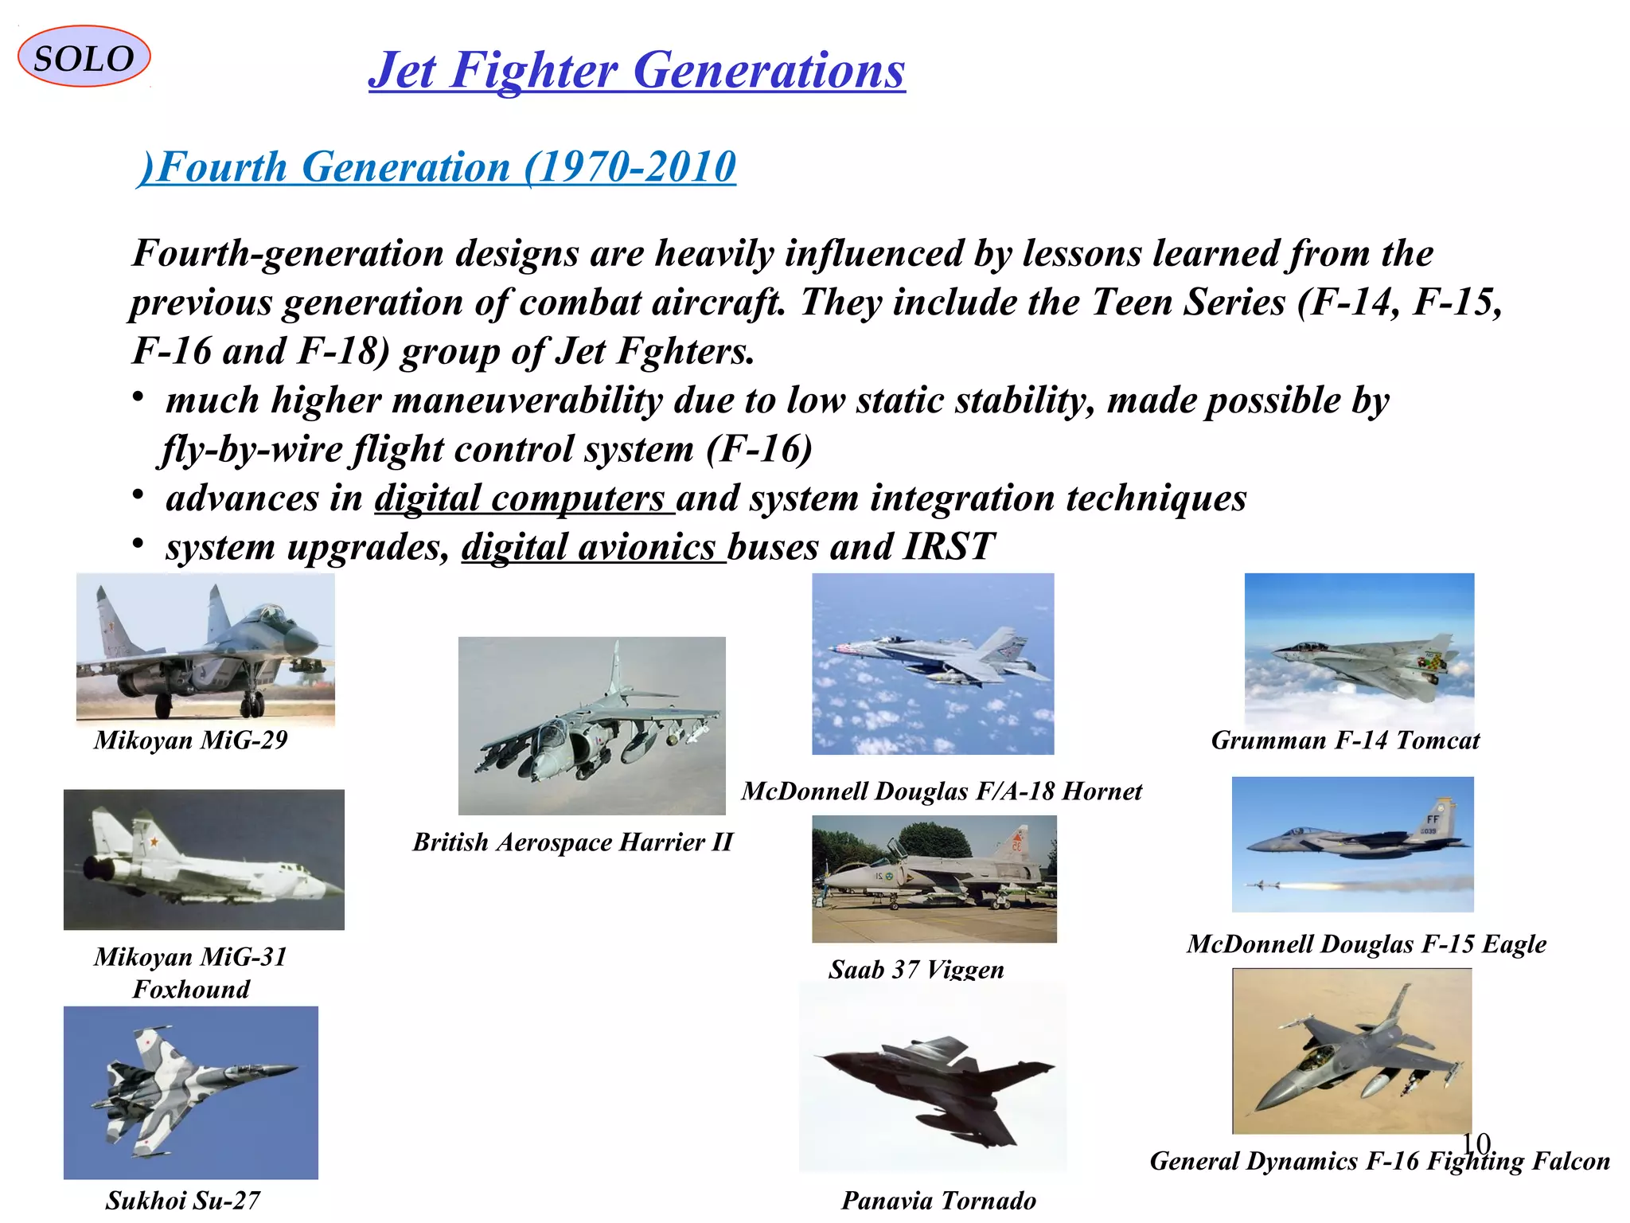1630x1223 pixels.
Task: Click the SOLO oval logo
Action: tap(84, 57)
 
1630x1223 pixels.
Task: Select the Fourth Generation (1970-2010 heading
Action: tap(436, 167)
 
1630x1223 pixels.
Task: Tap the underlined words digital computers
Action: tap(523, 498)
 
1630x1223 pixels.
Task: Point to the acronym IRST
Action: tap(949, 547)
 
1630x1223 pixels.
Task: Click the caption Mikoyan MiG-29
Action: tap(190, 740)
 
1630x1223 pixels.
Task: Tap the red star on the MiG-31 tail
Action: tap(154, 841)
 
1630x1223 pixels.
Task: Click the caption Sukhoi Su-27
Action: tap(182, 1200)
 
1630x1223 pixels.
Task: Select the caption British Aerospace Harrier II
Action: tap(572, 842)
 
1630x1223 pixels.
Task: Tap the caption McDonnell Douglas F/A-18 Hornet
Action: tap(942, 791)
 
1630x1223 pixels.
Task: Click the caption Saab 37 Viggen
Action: tap(916, 969)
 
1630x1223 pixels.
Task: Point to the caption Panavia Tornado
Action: tap(938, 1200)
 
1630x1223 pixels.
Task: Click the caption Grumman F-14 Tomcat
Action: tap(1345, 740)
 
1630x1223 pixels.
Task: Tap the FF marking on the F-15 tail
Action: tap(1433, 819)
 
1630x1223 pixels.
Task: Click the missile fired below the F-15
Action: tap(1261, 885)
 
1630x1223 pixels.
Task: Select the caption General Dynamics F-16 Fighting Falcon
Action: tap(1379, 1162)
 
